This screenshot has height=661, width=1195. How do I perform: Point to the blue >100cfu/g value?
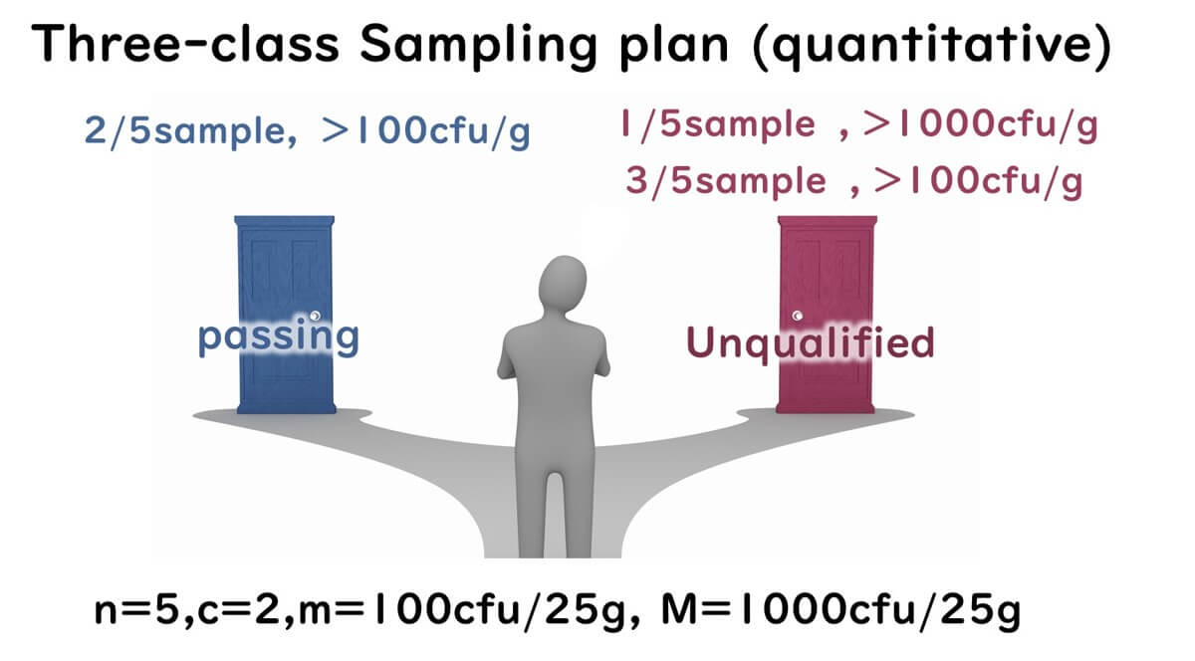click(x=426, y=131)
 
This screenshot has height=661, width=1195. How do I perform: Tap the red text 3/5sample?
click(x=725, y=181)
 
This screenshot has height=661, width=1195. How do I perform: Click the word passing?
click(x=278, y=338)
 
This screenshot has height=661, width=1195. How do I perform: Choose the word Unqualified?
click(x=811, y=342)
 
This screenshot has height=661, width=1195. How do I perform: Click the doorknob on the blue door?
click(x=315, y=317)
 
